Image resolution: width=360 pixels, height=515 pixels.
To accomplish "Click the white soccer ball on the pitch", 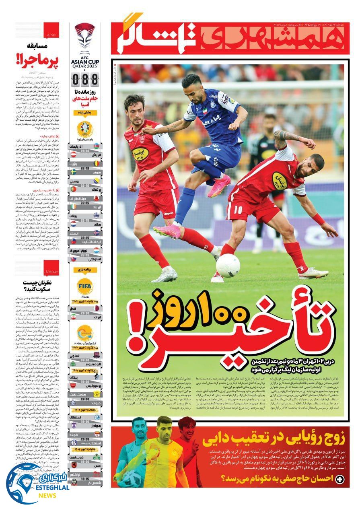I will point(228,265).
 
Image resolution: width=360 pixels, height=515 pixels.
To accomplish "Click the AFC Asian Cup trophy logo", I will point(84,38).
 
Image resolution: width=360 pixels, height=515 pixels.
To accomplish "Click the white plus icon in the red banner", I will point(340,479).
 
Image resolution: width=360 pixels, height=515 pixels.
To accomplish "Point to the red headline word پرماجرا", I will point(36,61).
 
